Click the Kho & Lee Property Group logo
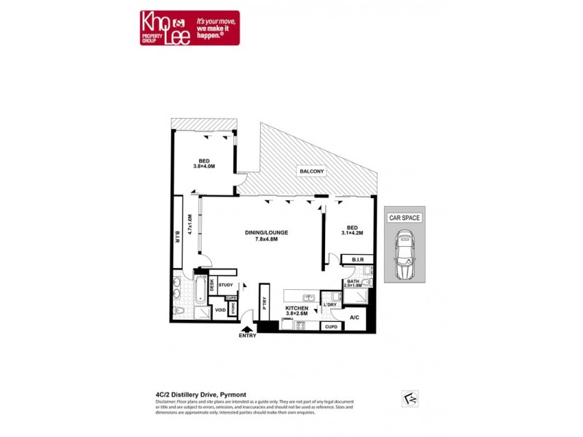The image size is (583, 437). coord(189,28)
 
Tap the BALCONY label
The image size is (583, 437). coord(311,171)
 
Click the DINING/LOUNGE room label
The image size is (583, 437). coord(266,233)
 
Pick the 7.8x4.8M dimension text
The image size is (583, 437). coord(267,240)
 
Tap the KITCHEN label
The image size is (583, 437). coord(297,308)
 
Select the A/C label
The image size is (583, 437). coord(355,318)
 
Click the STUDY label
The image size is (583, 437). coord(225,286)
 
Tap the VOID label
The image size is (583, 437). coord(219,311)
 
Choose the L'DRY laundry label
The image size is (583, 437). coord(329,305)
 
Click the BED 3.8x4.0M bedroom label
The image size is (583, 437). coord(203,163)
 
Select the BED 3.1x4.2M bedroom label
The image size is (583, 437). coord(353,230)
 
